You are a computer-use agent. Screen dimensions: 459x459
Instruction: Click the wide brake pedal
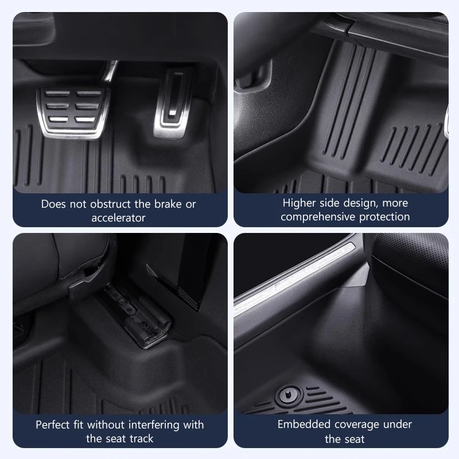click(73, 112)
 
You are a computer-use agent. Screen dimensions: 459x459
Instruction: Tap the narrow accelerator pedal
click(173, 103)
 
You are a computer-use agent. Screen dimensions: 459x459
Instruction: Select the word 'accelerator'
click(118, 218)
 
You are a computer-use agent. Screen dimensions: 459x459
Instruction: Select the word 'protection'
click(384, 217)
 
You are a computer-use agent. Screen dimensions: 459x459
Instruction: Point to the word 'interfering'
click(154, 425)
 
